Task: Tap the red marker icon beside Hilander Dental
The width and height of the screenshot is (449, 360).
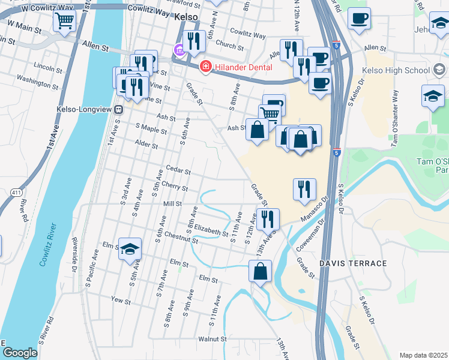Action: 205,65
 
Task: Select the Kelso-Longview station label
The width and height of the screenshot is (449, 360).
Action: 85,110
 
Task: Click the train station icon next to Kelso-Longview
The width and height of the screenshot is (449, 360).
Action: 119,110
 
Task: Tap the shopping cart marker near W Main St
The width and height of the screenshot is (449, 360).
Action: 64,21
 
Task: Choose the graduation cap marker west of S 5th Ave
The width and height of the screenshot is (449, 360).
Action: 130,250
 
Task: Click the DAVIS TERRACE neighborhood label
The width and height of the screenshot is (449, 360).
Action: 353,263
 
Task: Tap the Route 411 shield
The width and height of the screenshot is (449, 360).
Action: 16,192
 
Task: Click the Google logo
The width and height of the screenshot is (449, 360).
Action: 20,353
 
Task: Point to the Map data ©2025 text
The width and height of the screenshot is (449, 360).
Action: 423,355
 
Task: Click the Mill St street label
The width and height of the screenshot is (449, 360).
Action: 172,204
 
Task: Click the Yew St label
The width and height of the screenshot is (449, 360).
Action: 121,299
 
